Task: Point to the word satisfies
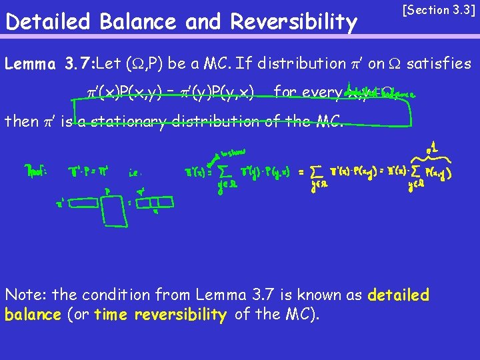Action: pos(439,64)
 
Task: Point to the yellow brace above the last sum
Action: pos(434,155)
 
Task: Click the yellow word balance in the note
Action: pos(33,315)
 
